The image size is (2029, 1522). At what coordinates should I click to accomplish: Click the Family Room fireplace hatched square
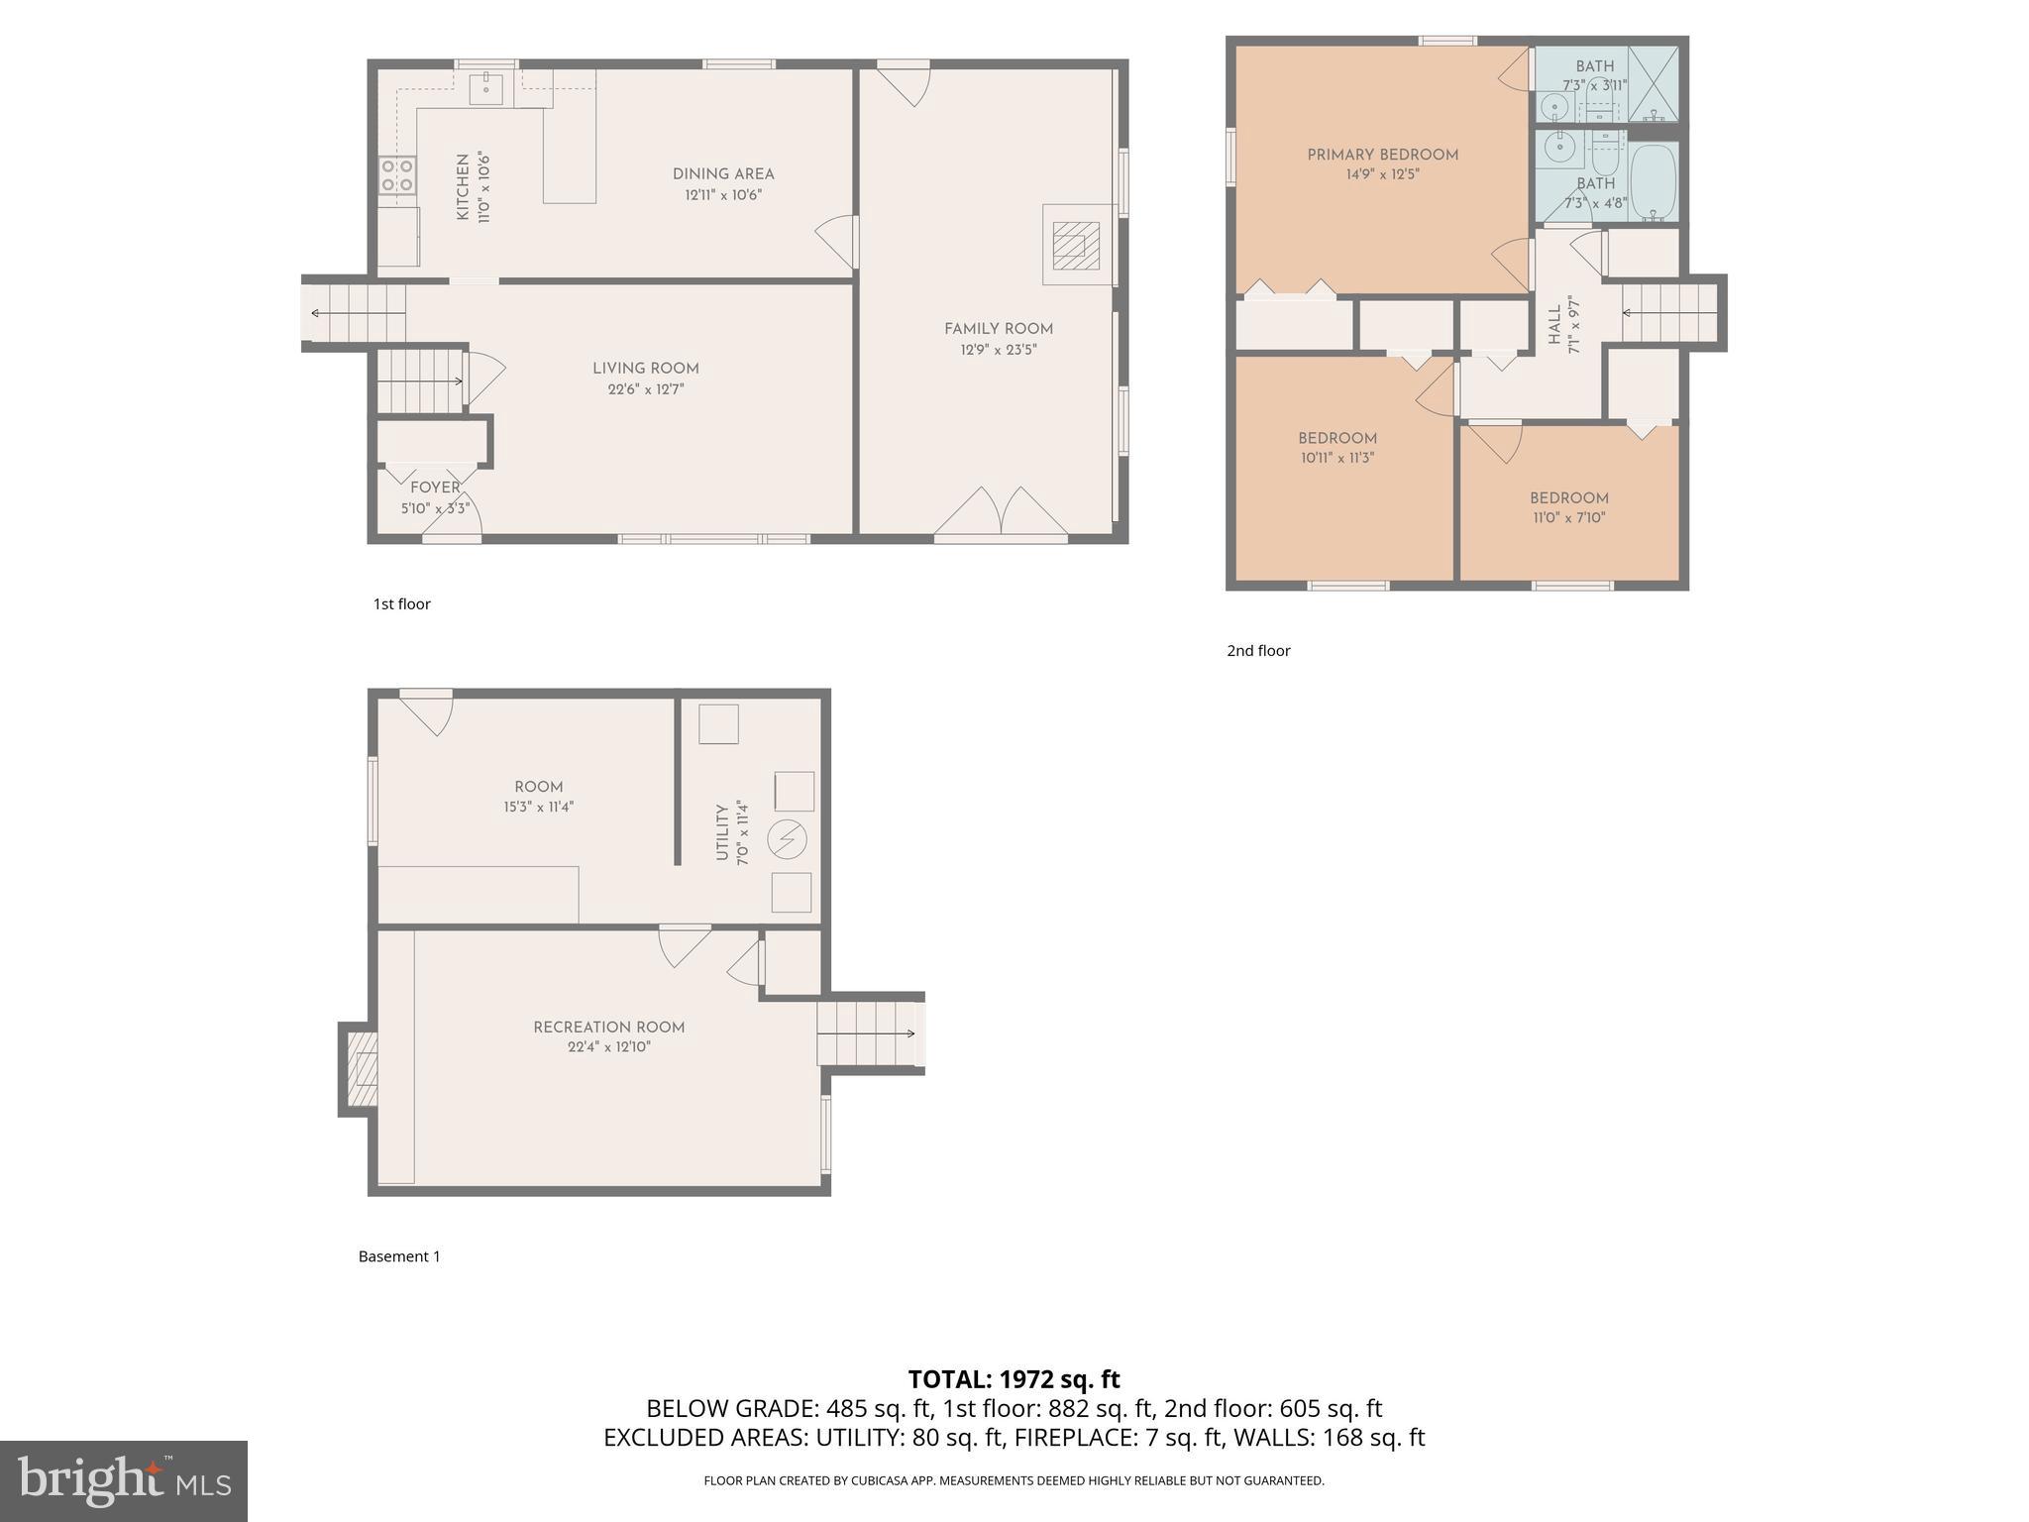(1076, 245)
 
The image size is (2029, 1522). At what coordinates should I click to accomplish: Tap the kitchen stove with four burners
(397, 175)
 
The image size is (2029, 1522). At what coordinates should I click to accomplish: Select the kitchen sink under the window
(487, 88)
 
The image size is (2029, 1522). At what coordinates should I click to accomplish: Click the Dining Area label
(723, 174)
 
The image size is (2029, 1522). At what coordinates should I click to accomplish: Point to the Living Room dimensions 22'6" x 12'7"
(646, 389)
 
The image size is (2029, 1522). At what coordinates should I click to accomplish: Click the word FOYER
(435, 488)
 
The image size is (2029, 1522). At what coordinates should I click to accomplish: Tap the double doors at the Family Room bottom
(1002, 512)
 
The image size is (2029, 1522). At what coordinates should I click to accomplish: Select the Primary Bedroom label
(1382, 155)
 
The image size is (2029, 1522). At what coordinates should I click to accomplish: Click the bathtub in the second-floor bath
(1653, 182)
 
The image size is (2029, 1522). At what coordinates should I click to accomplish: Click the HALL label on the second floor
(1554, 324)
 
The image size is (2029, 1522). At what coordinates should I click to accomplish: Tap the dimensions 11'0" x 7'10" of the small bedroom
(1569, 517)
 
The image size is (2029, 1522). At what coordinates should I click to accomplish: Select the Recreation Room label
(608, 1028)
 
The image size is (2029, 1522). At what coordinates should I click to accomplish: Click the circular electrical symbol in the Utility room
(788, 840)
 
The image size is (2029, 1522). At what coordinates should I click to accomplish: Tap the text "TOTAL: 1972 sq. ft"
(1014, 1378)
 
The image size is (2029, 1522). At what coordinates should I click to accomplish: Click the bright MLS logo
(124, 1480)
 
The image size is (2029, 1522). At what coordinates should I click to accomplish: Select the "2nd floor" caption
(1258, 651)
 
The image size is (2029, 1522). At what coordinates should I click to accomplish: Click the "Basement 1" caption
(399, 1256)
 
